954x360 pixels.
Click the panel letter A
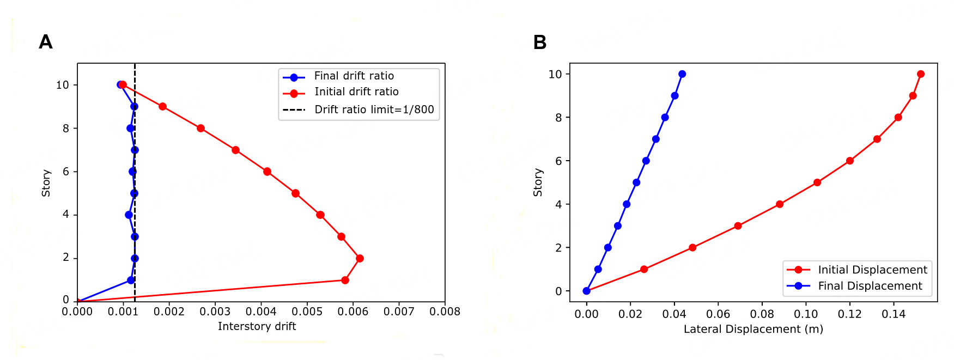(x=46, y=42)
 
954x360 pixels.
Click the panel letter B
(x=539, y=42)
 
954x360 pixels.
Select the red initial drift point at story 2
(x=360, y=258)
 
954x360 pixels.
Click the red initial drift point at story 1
(x=345, y=280)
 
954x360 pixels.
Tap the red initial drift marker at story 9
(x=162, y=106)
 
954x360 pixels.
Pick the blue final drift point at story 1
(x=131, y=280)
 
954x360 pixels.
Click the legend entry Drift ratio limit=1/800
(x=374, y=109)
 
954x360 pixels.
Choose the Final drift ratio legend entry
(x=354, y=76)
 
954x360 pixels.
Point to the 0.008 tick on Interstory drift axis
(x=445, y=312)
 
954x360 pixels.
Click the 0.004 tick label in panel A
(x=260, y=312)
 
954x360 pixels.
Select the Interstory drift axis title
(x=257, y=326)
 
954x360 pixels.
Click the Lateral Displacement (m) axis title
(x=753, y=329)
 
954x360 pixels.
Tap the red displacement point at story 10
(x=921, y=74)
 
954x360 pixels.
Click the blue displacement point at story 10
(x=682, y=74)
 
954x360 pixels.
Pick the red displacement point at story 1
(x=644, y=269)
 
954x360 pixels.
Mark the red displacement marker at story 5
(x=817, y=182)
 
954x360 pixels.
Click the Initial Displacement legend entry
(x=872, y=270)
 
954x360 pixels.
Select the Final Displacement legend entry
(x=870, y=286)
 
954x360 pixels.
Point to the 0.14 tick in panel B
(x=894, y=314)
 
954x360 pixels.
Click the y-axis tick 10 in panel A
(x=63, y=85)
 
